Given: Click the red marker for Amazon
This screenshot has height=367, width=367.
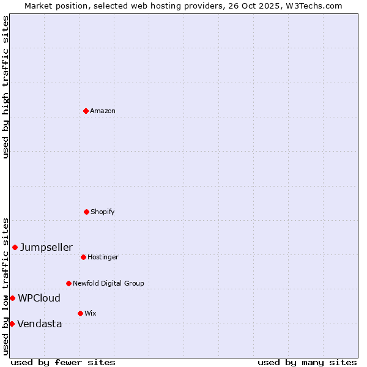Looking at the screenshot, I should click(x=86, y=111).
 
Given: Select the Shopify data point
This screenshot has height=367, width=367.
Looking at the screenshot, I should click(x=86, y=212).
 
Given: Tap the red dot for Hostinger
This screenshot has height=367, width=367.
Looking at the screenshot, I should click(x=83, y=257).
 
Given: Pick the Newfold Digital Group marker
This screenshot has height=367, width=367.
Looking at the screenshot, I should click(x=69, y=283).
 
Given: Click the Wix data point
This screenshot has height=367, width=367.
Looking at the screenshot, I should click(x=80, y=313).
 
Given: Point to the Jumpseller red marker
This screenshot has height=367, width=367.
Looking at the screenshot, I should click(x=15, y=247).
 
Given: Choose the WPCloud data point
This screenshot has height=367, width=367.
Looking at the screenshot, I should click(x=12, y=298).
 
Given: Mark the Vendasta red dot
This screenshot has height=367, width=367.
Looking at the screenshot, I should click(x=12, y=324).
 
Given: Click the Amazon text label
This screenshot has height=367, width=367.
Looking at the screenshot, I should click(x=103, y=111).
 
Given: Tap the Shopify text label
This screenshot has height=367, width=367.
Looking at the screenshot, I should click(x=103, y=212).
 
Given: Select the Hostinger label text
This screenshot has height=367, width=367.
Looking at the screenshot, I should click(x=103, y=258).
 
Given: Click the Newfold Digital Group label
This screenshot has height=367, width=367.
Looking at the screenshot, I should click(x=108, y=284).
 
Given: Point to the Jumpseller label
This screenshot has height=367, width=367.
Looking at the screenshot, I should click(x=46, y=248).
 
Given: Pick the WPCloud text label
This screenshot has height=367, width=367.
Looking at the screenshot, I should click(x=39, y=298).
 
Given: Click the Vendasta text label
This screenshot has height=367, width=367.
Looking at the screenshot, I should click(x=39, y=324).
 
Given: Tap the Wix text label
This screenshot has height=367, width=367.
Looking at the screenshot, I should click(x=91, y=314).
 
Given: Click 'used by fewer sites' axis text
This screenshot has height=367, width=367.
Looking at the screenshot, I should click(x=63, y=362).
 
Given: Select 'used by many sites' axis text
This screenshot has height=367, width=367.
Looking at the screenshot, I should click(x=307, y=362).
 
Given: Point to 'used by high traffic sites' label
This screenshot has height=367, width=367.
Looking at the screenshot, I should click(x=6, y=87).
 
